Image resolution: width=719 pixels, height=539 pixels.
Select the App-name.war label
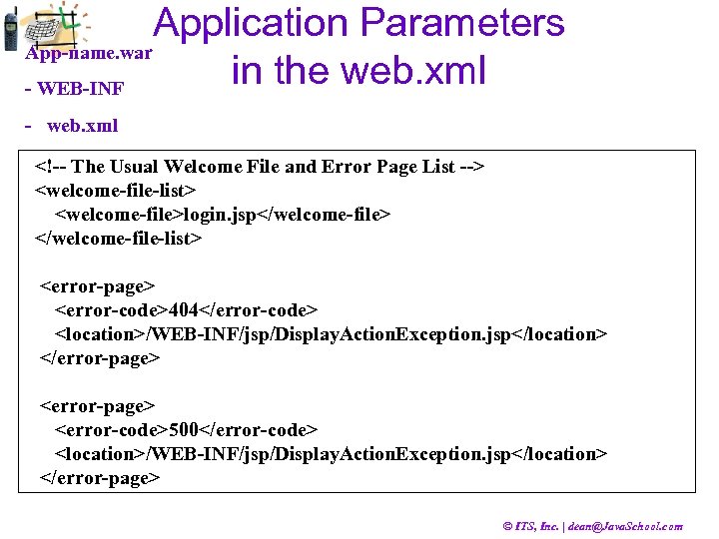point(89,53)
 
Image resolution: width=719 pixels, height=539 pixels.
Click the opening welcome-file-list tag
point(116,189)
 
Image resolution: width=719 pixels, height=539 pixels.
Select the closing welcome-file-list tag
point(120,239)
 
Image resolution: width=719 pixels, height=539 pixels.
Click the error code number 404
point(185,310)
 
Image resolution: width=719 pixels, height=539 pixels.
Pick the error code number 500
point(185,430)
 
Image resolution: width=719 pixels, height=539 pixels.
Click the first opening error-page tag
point(98,286)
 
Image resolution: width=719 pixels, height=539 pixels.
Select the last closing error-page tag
point(100,478)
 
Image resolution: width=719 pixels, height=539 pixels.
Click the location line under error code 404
point(330,334)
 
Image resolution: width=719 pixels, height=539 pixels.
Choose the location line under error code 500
point(330,454)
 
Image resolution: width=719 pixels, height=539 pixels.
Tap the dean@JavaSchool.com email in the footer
point(625,526)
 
